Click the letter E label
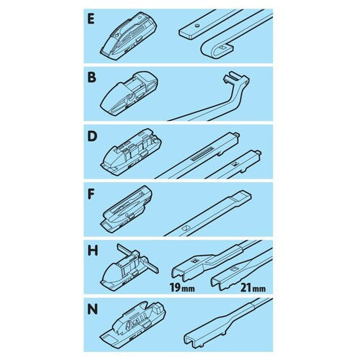point(91,19)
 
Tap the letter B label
point(91,78)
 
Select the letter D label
point(92,136)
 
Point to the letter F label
point(91,194)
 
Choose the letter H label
point(93,251)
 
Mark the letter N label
point(93,310)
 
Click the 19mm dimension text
point(182,287)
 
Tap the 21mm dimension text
point(253,287)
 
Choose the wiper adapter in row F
point(127,210)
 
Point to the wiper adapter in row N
point(132,323)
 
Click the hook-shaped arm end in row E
point(216,49)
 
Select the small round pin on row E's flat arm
point(197,25)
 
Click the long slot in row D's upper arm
point(202,154)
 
